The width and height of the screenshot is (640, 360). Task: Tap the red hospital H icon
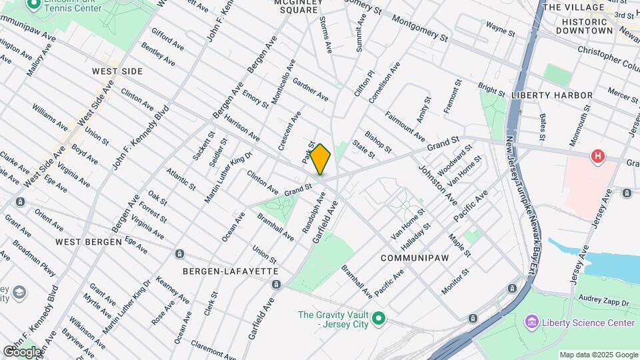[599, 157]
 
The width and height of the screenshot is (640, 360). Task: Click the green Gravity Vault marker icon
[379, 319]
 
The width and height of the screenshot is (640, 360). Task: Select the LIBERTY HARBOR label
[551, 95]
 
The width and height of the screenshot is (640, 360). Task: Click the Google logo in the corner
[22, 351]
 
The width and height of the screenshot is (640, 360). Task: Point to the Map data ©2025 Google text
[599, 355]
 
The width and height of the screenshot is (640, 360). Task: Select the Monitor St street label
[455, 281]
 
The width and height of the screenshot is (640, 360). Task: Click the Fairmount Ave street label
[405, 126]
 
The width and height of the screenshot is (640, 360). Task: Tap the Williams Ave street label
[49, 117]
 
